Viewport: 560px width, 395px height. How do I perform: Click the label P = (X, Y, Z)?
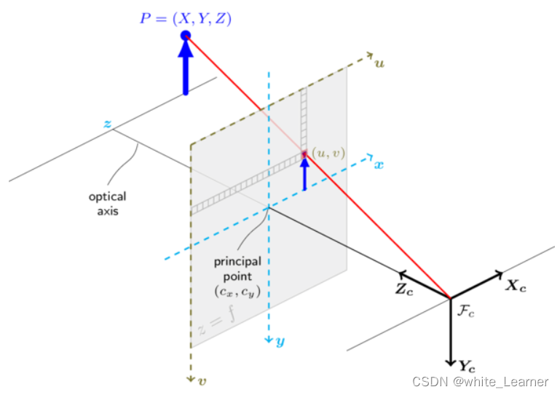187,19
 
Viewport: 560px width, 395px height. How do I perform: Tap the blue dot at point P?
186,35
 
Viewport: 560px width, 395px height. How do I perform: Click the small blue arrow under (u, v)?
304,173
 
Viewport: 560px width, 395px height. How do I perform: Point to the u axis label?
379,63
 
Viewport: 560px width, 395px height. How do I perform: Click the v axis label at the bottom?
202,380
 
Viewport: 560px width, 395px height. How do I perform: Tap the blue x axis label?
379,165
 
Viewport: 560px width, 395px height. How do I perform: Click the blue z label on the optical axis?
107,125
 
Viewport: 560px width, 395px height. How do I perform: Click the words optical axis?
108,204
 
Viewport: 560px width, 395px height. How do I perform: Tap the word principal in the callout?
237,262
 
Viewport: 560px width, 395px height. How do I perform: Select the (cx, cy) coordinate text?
237,292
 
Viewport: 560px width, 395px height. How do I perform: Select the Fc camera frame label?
466,311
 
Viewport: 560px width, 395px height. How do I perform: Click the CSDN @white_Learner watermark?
480,382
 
